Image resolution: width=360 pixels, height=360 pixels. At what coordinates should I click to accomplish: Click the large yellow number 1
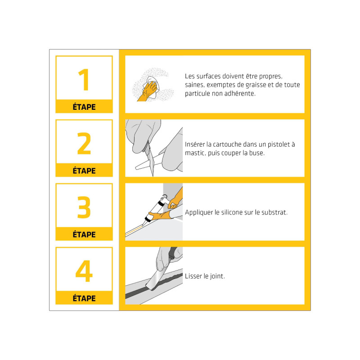click(x=84, y=80)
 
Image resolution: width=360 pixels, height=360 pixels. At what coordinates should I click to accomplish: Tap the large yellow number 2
click(x=84, y=143)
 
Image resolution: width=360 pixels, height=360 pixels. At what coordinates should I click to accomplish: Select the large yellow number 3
click(x=84, y=207)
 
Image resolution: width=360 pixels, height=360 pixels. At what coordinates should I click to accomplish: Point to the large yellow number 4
click(x=84, y=271)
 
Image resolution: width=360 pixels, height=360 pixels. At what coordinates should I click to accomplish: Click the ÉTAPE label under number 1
click(x=84, y=107)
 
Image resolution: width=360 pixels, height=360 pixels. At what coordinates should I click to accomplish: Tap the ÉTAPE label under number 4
click(x=84, y=298)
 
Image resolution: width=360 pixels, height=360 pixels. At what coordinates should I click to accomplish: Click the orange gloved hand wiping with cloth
click(x=147, y=91)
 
